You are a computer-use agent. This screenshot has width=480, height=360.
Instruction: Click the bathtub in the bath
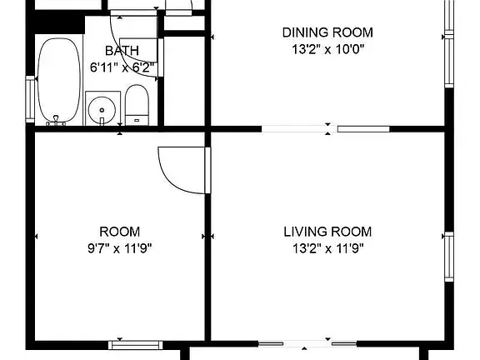[59, 80]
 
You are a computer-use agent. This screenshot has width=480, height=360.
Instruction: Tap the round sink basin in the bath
[102, 110]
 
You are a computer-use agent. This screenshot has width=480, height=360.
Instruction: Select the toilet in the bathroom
[137, 105]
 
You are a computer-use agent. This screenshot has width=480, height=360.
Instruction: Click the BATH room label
[122, 51]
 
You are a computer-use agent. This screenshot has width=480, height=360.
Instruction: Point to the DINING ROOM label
[327, 32]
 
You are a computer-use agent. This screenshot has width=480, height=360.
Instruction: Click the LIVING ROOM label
[327, 232]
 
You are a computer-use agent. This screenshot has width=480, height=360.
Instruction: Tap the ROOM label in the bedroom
[120, 232]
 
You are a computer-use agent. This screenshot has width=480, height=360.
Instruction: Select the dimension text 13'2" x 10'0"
[327, 49]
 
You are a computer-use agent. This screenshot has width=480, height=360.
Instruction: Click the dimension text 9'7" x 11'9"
[120, 248]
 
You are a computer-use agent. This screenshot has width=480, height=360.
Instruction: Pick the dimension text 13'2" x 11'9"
[327, 248]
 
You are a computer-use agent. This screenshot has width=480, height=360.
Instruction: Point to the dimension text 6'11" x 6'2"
[122, 67]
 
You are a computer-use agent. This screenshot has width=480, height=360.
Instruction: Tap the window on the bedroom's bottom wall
[136, 345]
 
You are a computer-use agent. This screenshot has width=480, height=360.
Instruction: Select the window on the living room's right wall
[449, 257]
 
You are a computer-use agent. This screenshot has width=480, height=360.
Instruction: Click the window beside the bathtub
[30, 99]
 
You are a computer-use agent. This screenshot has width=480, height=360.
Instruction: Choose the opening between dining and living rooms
[325, 129]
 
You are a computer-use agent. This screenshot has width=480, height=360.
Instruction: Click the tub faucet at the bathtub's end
[56, 121]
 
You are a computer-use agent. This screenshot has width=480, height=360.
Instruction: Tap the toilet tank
[137, 120]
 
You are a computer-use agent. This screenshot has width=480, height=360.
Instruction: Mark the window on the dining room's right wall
[449, 43]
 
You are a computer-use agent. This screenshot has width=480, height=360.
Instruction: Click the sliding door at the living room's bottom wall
[307, 344]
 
